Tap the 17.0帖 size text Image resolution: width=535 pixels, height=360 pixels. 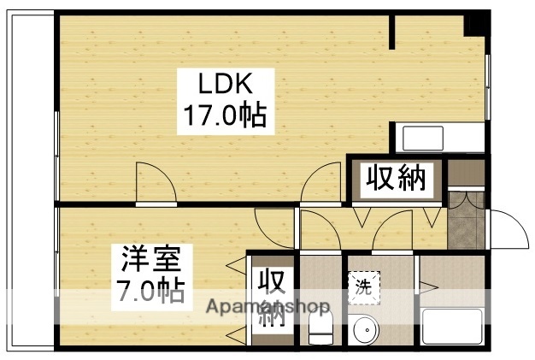pos(224,115)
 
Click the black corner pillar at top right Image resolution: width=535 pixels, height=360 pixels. pos(474,23)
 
